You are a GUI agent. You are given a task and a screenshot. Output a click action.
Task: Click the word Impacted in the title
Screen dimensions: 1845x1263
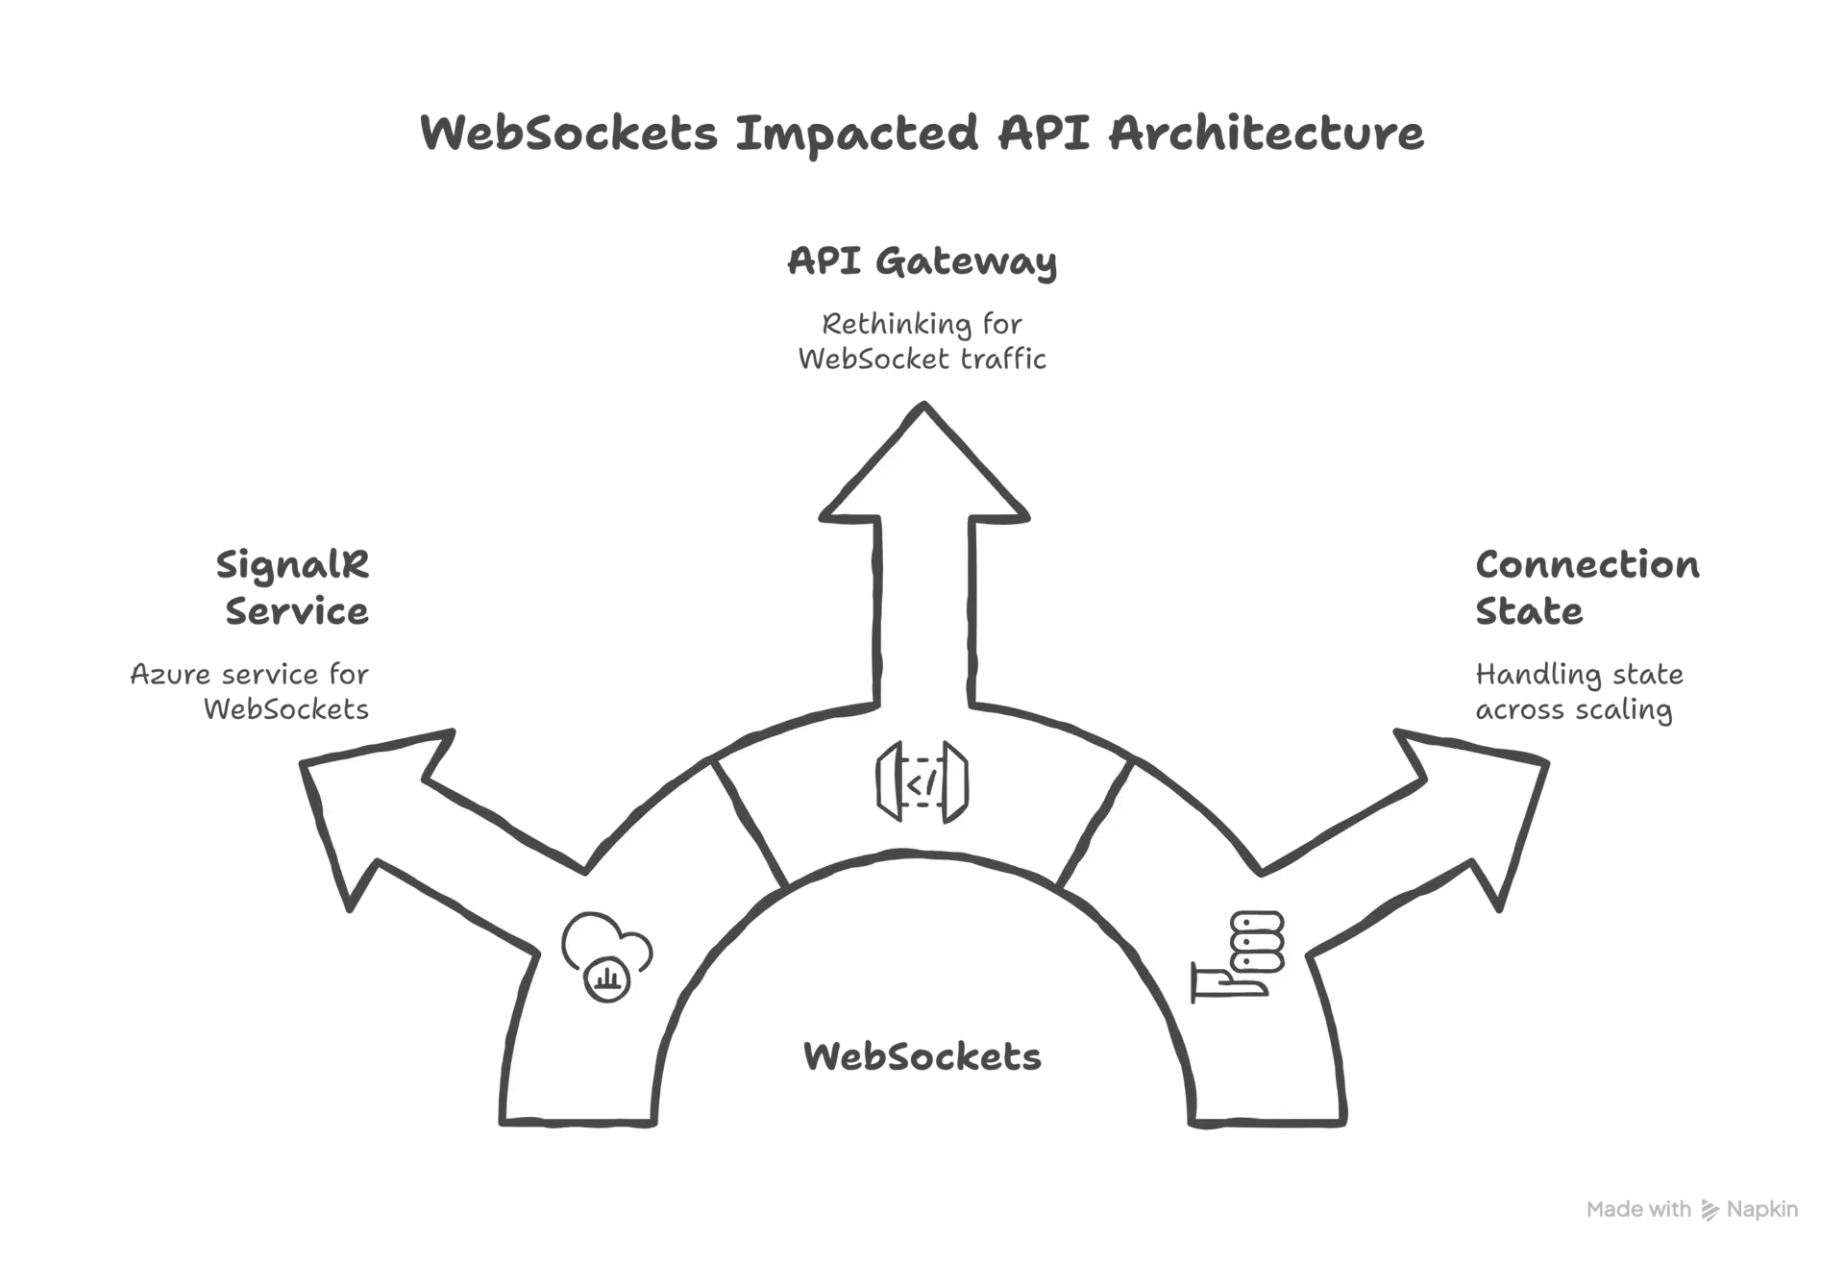pos(857,134)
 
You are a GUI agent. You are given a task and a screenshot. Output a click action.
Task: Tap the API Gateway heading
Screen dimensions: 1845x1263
pos(922,261)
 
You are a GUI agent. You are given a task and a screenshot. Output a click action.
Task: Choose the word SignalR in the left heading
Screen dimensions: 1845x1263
pos(292,565)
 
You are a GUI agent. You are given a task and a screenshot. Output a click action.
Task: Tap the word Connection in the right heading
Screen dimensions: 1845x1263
pos(1587,565)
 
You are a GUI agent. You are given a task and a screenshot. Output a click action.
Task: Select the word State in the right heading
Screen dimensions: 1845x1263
pos(1529,611)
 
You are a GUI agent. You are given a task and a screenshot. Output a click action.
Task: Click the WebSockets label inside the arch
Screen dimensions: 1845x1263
pos(922,1057)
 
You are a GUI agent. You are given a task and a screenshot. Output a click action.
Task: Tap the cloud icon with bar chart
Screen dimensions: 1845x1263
pos(606,957)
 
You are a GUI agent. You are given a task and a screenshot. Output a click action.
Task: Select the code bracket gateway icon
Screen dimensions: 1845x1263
pos(922,782)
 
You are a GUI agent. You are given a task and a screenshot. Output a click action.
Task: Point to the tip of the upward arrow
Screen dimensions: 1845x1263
pos(923,404)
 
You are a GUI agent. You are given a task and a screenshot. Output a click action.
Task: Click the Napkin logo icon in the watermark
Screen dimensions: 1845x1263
pos(1710,1210)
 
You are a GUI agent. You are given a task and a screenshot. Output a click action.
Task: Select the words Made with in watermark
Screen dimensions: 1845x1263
pos(1638,1209)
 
